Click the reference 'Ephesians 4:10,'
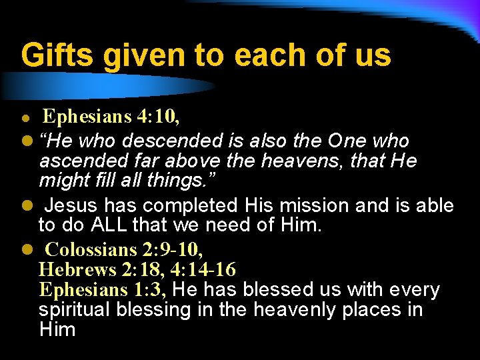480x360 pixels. (111, 117)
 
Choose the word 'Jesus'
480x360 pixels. (73, 205)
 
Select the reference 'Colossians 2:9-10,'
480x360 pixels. (124, 250)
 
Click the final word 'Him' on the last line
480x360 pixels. (57, 329)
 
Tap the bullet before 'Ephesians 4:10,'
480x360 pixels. (25, 118)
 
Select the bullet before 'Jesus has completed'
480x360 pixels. (25, 205)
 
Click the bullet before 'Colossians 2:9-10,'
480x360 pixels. (25, 251)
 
